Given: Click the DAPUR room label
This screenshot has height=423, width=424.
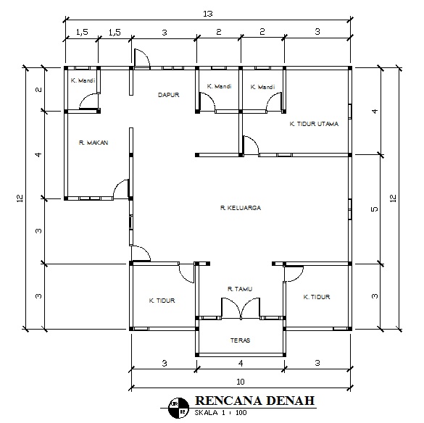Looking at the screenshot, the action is tap(168, 95).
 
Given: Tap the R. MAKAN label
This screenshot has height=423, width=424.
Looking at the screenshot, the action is tap(93, 143).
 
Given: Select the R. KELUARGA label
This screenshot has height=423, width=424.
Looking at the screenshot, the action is tap(241, 208).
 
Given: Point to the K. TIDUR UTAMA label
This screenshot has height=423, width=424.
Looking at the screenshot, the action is tap(314, 124).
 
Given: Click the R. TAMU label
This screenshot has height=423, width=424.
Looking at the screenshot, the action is tap(240, 289).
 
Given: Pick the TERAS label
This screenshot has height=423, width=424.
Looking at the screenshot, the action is tap(240, 340).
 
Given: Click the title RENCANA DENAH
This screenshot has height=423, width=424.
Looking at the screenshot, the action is tap(254, 401).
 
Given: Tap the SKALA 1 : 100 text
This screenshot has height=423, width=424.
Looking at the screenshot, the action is tap(220, 413).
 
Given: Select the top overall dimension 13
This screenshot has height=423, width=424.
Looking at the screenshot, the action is tap(208, 14).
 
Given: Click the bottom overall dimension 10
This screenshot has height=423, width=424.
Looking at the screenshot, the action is tap(241, 382).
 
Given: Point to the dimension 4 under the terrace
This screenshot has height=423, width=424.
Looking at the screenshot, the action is tap(241, 364).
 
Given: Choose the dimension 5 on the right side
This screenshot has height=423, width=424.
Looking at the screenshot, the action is tap(375, 209).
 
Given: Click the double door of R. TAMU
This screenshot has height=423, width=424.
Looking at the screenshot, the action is tap(241, 309).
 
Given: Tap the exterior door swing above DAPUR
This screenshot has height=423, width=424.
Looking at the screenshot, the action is tap(142, 59).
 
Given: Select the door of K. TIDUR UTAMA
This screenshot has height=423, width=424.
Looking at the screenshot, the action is tap(251, 146).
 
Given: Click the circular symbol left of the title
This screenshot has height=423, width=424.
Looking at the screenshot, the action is tap(178, 408).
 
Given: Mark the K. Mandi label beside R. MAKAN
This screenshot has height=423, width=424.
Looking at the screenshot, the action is tap(83, 80).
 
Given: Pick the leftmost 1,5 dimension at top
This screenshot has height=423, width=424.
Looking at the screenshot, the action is tap(82, 32).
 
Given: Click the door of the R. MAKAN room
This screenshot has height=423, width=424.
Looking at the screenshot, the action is tap(121, 189).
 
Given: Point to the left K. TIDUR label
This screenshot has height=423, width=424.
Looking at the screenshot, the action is tap(162, 301).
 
